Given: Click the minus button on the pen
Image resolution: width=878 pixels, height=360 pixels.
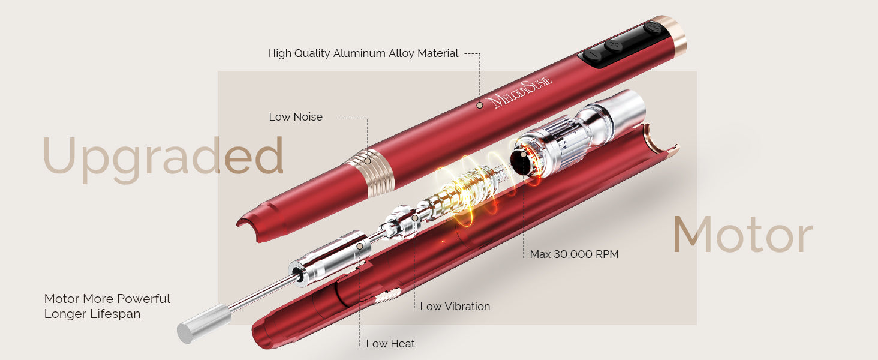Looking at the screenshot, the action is tap(593, 56).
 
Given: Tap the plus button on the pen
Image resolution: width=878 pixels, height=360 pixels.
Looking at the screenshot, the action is tap(614, 45).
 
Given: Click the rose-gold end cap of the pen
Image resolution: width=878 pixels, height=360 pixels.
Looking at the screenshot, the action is tap(673, 35).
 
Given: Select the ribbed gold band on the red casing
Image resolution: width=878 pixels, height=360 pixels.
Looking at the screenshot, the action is tap(369, 172).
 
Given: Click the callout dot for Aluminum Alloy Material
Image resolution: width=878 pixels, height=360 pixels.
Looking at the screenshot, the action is tap(479, 105).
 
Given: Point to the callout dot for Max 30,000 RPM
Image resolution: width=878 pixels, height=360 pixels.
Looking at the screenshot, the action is tap(524, 154).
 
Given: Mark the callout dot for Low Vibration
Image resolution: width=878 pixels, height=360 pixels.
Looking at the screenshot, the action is tap(414, 218).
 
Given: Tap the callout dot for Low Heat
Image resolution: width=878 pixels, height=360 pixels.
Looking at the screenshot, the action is tap(359, 246).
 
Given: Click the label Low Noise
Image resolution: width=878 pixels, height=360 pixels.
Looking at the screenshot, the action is tap(296, 117).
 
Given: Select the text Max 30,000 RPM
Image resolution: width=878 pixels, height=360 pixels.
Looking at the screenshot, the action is tap(574, 254).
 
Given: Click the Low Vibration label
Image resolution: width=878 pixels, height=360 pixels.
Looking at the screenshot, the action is tap(455, 306).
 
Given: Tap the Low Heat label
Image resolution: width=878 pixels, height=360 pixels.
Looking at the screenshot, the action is tap(390, 344).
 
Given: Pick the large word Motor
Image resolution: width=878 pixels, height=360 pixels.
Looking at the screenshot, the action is tap(743, 235).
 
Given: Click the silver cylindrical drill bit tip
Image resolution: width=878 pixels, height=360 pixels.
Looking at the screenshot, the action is tap(204, 324).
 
